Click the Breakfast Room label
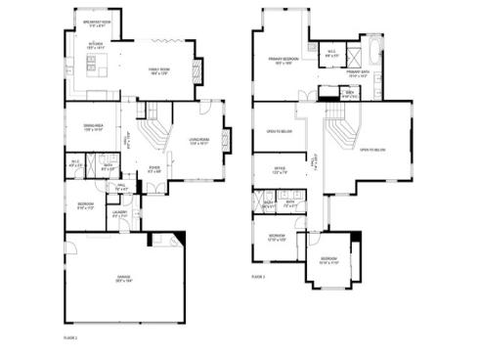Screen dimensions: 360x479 97,22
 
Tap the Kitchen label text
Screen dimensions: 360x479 96,45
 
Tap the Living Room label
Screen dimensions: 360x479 200,142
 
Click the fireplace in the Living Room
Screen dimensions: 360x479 228,141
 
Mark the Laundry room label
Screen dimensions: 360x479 121,213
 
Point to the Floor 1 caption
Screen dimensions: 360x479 70,337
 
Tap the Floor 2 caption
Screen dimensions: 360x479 258,278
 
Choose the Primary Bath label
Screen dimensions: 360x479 357,73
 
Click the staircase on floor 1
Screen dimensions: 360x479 152,131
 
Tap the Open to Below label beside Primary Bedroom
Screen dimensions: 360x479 280,130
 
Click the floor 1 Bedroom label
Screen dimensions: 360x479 85,205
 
